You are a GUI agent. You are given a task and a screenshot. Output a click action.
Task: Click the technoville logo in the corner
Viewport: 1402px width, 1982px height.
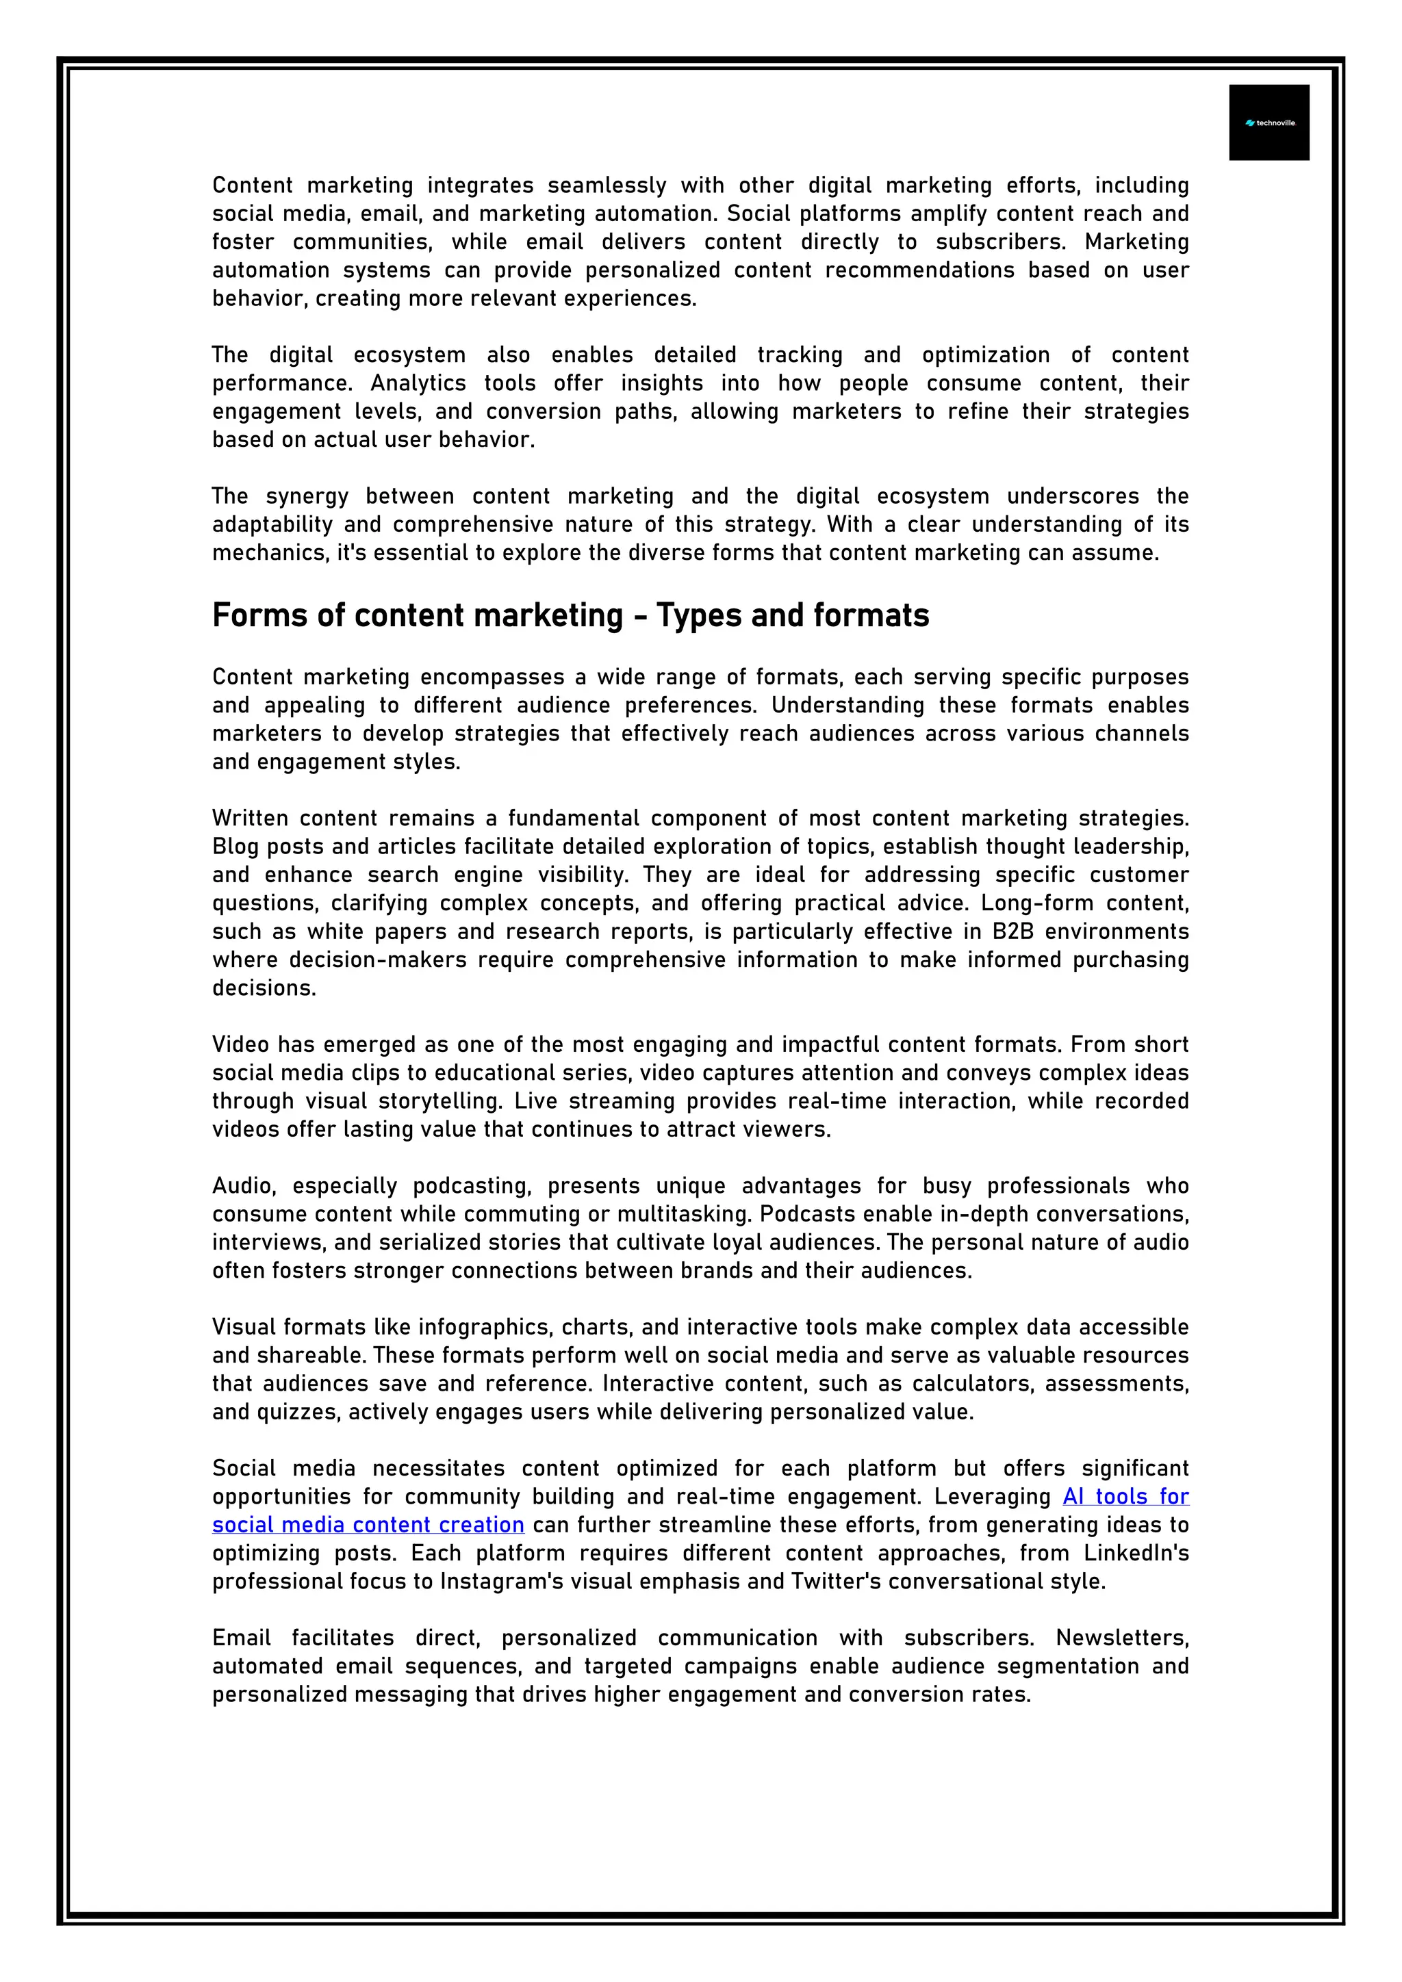pos(1269,123)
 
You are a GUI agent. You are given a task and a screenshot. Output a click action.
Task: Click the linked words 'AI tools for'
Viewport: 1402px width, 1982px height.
pos(1125,1496)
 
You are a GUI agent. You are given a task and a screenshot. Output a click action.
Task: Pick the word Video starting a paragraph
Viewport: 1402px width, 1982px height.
pos(241,1044)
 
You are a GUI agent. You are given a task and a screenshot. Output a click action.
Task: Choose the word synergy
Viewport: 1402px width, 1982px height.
pos(307,496)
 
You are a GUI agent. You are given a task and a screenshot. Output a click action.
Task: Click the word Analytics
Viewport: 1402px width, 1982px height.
pos(418,383)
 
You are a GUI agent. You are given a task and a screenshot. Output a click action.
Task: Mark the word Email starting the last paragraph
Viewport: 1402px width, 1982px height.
pos(241,1638)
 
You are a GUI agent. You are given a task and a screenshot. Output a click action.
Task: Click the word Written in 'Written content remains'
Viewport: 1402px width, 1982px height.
pos(251,819)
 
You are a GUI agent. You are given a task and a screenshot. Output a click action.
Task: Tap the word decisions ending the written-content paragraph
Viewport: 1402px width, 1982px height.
pos(264,988)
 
